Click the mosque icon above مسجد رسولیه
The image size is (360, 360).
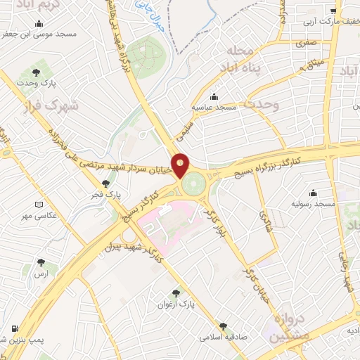click(313, 193)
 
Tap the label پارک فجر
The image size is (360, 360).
click(108, 194)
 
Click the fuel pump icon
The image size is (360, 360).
click(15, 329)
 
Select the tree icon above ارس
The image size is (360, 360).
click(44, 264)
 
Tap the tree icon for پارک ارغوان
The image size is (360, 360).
click(175, 294)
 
